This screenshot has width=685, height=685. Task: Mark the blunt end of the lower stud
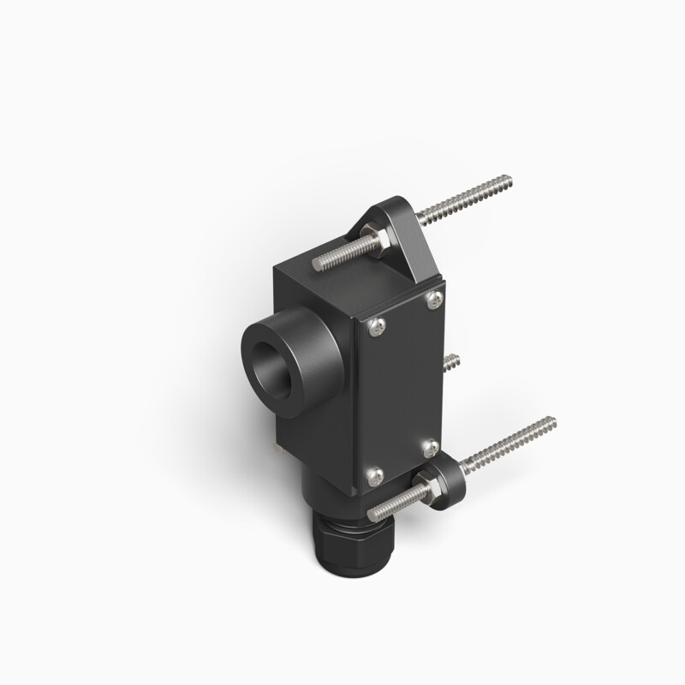372,514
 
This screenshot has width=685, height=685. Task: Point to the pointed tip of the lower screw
552,420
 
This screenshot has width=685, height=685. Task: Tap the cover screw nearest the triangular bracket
435,297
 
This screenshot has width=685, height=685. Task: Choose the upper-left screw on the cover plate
375,325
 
